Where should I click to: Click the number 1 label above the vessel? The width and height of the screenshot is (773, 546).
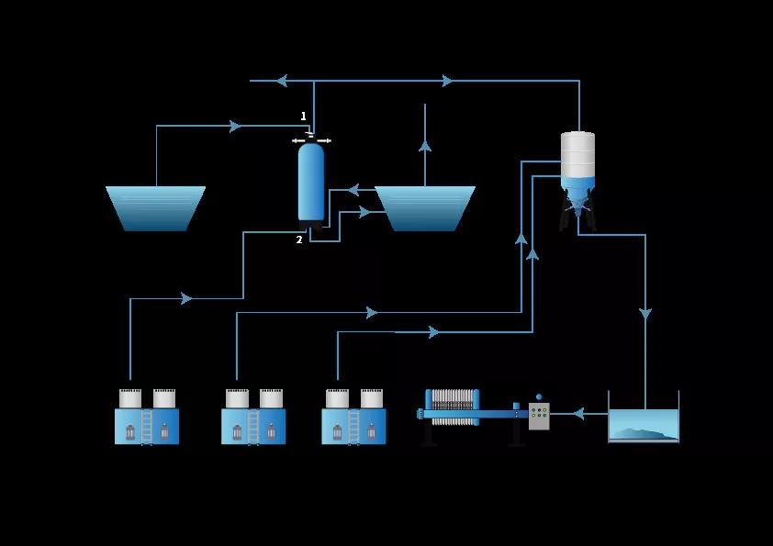point(304,117)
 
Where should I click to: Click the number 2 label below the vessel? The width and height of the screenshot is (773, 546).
point(299,240)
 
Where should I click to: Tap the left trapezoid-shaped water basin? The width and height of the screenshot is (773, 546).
point(155,208)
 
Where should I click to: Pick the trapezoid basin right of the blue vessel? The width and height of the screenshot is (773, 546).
point(425,208)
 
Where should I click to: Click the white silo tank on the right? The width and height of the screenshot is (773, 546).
point(577,154)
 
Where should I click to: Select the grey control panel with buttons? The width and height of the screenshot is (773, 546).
point(539,417)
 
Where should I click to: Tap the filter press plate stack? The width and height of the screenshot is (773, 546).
point(454,407)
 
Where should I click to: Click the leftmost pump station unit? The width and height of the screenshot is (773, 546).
point(147,418)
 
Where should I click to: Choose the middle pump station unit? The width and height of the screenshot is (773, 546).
point(253,418)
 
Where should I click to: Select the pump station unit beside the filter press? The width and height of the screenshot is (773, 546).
point(353,418)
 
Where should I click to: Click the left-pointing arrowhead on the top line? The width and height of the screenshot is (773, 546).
point(282,81)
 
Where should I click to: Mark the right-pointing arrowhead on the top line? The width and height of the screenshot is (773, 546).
point(448,81)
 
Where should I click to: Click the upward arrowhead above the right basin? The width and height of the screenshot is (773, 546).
point(425,144)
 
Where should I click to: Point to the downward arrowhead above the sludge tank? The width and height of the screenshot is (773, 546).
point(645,315)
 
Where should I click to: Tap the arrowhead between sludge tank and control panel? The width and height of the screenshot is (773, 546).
point(577,414)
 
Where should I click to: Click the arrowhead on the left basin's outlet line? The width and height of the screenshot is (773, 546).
point(236,126)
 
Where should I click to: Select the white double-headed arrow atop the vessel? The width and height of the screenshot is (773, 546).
point(311,140)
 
